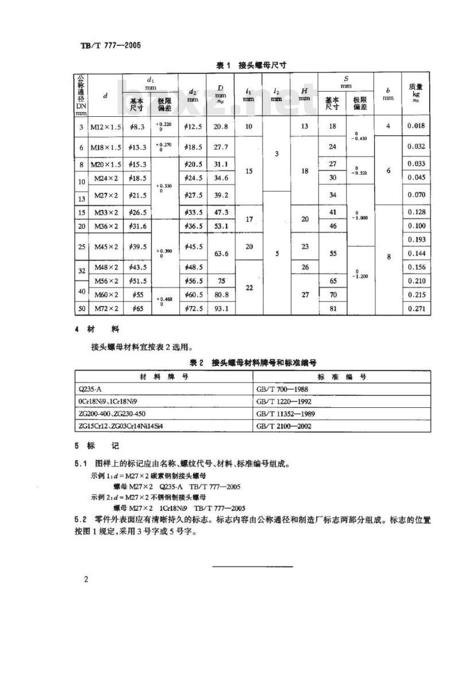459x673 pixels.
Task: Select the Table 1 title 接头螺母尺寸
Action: pyautogui.click(x=251, y=66)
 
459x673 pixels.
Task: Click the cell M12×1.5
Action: pyautogui.click(x=105, y=127)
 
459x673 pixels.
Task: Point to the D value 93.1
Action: pyautogui.click(x=220, y=309)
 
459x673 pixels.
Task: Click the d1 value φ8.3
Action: pyautogui.click(x=137, y=127)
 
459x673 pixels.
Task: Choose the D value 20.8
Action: pyautogui.click(x=220, y=127)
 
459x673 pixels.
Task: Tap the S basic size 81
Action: pyautogui.click(x=332, y=309)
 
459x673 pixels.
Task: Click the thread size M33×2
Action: pyautogui.click(x=106, y=212)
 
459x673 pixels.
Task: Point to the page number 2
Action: pyautogui.click(x=86, y=580)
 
